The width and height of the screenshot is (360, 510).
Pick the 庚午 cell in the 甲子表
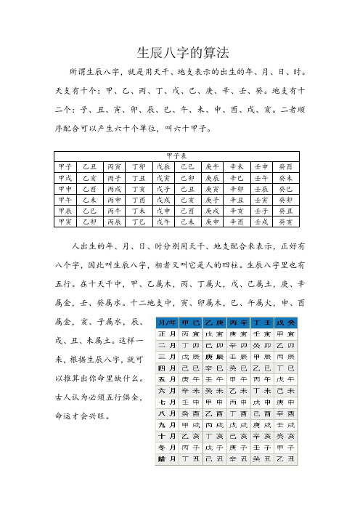pyautogui.click(x=213, y=166)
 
